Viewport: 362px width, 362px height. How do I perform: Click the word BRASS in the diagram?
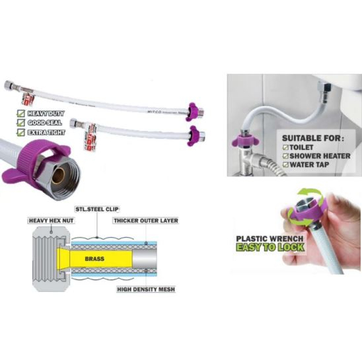click(x=95, y=260)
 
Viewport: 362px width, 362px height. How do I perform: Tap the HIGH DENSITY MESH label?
click(x=145, y=290)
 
